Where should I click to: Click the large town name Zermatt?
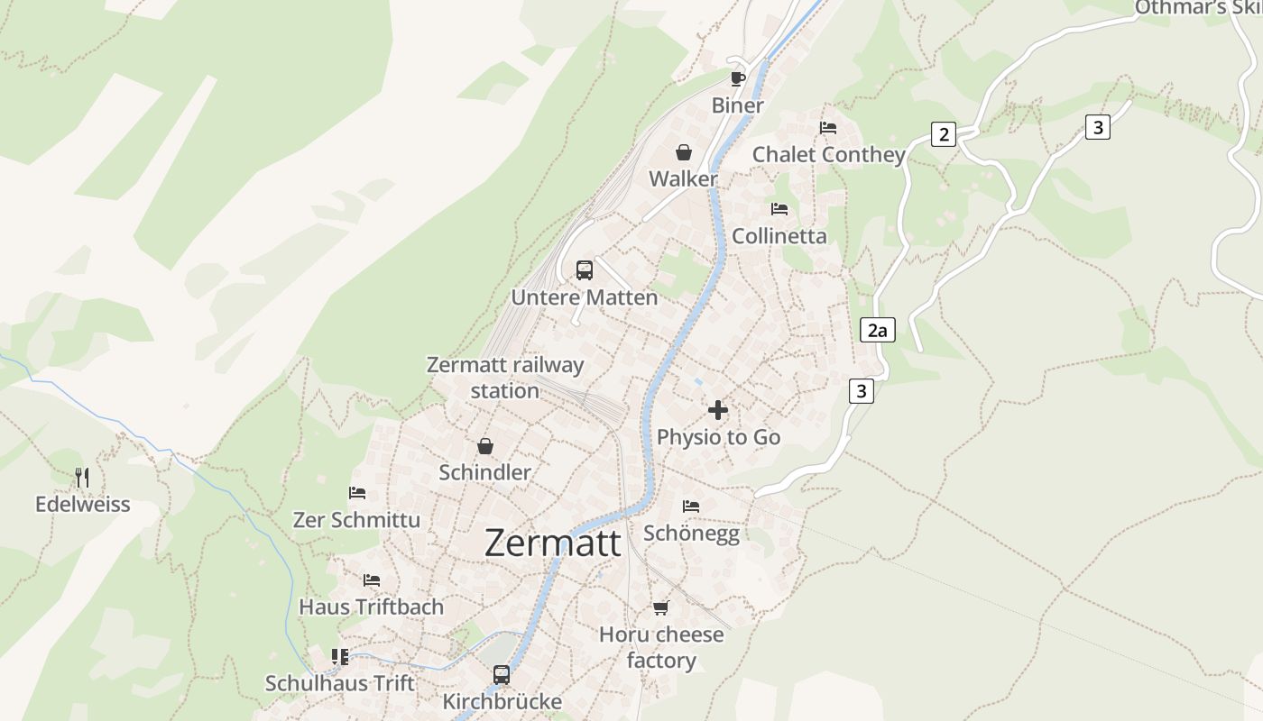pyautogui.click(x=553, y=543)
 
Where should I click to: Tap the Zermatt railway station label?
pyautogui.click(x=505, y=378)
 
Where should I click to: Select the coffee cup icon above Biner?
pyautogui.click(x=738, y=78)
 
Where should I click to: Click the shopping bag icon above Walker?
pyautogui.click(x=684, y=152)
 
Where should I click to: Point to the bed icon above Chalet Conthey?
pyautogui.click(x=828, y=128)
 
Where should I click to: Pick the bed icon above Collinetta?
pyautogui.click(x=779, y=209)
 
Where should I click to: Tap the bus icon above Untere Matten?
pyautogui.click(x=585, y=269)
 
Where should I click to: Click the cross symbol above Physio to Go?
pyautogui.click(x=718, y=410)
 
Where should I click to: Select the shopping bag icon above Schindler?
pyautogui.click(x=485, y=446)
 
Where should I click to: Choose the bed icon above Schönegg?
pyautogui.click(x=691, y=507)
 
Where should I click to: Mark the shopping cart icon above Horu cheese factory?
pyautogui.click(x=661, y=607)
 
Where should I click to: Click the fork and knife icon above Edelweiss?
pyautogui.click(x=82, y=477)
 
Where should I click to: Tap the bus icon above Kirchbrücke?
pyautogui.click(x=502, y=674)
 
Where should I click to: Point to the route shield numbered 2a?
pyautogui.click(x=877, y=330)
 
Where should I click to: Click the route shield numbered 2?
pyautogui.click(x=944, y=135)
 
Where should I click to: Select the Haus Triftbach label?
pyautogui.click(x=372, y=607)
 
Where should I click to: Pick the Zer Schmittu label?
pyautogui.click(x=356, y=520)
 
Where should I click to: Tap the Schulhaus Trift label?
pyautogui.click(x=340, y=683)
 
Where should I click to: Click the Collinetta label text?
pyautogui.click(x=779, y=236)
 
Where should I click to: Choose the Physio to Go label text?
pyautogui.click(x=718, y=437)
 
